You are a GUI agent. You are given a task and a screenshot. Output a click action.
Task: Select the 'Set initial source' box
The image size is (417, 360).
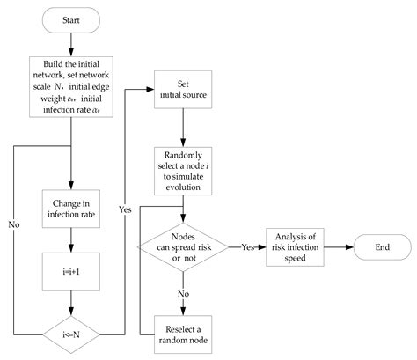tap(182, 91)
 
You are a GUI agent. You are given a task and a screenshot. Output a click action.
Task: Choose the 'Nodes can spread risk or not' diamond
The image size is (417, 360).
tap(182, 248)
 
